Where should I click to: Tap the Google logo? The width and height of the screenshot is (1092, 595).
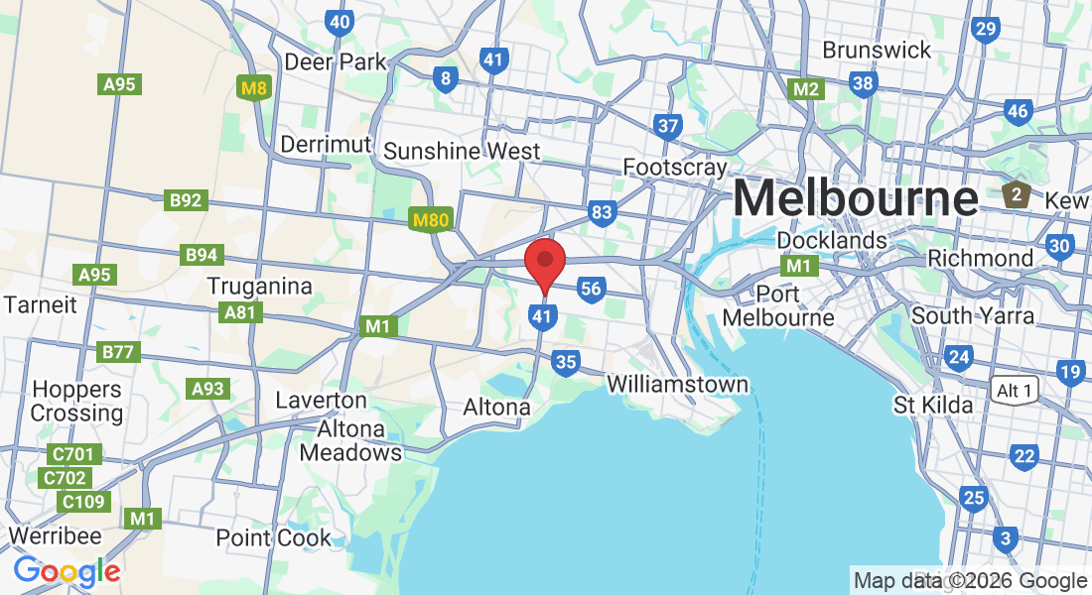click(x=67, y=571)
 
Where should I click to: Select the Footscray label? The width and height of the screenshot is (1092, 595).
click(x=675, y=167)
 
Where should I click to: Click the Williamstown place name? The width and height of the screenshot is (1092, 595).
click(x=677, y=383)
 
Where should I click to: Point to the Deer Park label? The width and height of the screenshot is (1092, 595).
click(x=335, y=61)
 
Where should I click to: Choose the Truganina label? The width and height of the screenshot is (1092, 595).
click(x=259, y=286)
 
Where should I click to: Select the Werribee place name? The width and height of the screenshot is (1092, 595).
click(x=55, y=535)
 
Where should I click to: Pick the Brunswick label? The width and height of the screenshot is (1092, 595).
click(x=877, y=50)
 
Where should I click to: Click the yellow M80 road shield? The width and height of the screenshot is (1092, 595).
click(x=430, y=219)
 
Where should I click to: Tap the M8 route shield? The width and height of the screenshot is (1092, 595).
click(x=255, y=88)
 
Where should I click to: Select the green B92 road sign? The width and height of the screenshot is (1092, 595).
click(x=186, y=201)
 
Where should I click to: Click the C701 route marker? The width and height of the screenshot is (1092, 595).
click(x=74, y=455)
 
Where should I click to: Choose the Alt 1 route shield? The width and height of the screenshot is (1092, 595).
click(x=1014, y=391)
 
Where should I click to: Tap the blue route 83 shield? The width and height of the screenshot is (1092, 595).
click(x=602, y=212)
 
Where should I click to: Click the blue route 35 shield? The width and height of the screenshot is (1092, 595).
click(x=566, y=362)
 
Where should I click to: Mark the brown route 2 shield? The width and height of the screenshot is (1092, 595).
click(x=1016, y=193)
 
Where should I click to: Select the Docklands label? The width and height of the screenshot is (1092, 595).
click(x=832, y=240)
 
